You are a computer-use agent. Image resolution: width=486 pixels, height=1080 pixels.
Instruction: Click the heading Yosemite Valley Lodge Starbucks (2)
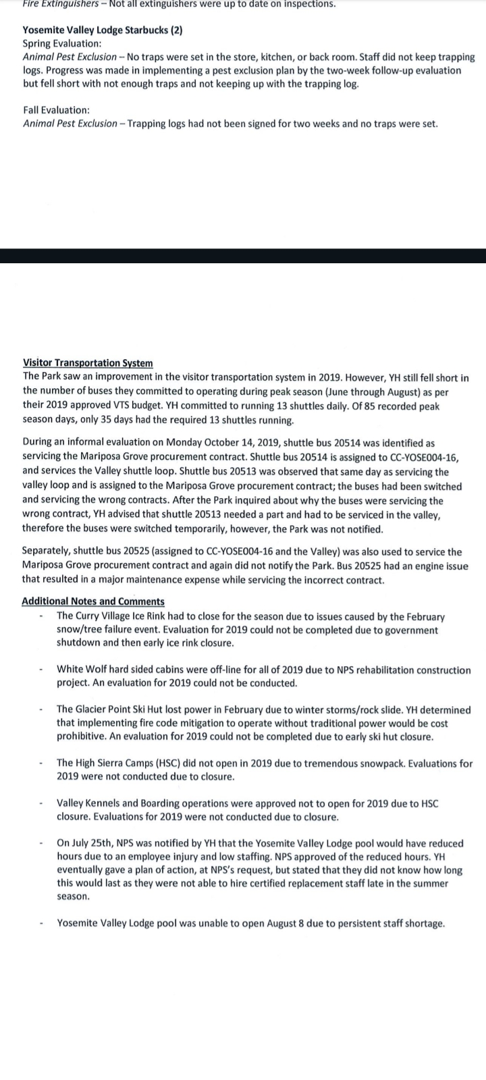tap(102, 30)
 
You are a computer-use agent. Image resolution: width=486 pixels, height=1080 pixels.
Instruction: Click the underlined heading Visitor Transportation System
tap(88, 363)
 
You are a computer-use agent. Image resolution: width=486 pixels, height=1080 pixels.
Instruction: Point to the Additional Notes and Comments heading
tap(93, 601)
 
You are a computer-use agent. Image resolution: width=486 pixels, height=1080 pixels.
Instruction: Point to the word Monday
tap(182, 443)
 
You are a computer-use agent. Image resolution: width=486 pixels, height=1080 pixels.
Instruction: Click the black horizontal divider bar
tap(243, 256)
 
